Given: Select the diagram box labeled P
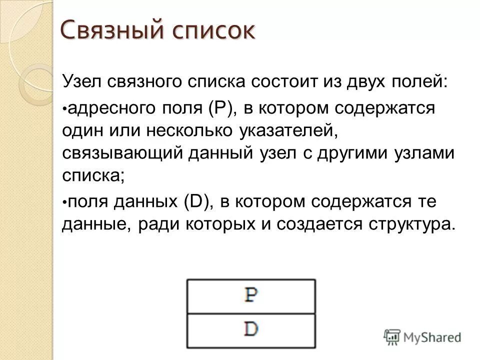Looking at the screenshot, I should click(x=251, y=296).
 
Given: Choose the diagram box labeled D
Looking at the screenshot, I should click(x=251, y=329).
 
